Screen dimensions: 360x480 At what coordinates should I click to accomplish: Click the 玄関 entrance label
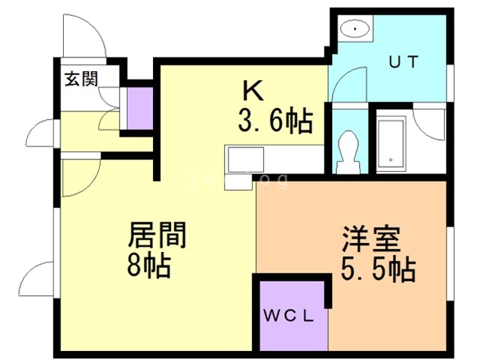(x=80, y=78)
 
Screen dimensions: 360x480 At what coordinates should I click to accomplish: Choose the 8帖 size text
(x=150, y=265)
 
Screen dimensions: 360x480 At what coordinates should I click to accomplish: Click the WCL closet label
(x=293, y=316)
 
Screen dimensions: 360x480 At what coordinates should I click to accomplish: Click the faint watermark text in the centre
(x=240, y=181)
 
